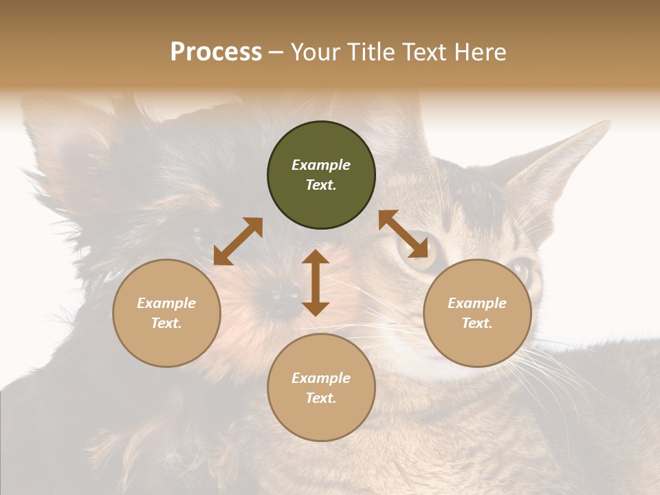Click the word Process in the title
coord(216,52)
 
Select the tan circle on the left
coord(166,344)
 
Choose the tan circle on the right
coord(477,344)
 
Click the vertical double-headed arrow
coord(316,283)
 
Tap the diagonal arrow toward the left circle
coord(238,241)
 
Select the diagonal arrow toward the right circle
coord(404,234)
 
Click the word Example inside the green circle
coord(321,165)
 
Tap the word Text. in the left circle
coord(166,323)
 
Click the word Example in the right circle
coord(477,303)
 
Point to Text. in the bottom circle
coord(321,398)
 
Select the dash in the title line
coord(276,53)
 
